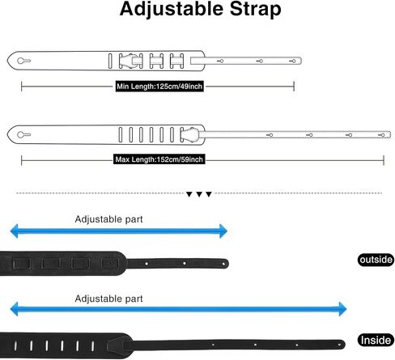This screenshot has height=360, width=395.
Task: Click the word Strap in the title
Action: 256,10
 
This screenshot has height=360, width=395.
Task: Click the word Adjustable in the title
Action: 172,10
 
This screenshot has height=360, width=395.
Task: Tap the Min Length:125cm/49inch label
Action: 159,87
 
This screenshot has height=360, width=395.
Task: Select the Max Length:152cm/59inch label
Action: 159,159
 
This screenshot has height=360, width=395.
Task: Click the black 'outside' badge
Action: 376,260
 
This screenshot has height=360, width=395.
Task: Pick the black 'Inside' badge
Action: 376,341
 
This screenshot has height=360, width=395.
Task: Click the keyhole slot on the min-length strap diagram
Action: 23,61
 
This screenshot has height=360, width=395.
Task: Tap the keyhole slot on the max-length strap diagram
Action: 23,134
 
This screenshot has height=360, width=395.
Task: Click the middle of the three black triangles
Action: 199,194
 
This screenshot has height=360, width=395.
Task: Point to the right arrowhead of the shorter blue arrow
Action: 223,231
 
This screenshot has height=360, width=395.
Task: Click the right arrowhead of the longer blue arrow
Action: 342,309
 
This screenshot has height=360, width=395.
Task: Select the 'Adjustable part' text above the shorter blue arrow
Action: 108,219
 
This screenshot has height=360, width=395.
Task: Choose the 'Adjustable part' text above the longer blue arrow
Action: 108,299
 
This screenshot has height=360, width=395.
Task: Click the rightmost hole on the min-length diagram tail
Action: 293,61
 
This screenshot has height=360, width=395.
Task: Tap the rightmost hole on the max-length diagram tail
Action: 382,135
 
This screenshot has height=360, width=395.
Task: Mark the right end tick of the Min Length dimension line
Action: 294,87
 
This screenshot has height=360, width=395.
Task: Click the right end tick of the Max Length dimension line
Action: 384,160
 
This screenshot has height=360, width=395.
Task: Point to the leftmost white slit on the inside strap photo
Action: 15,345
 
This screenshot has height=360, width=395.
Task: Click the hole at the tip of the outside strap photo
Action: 223,264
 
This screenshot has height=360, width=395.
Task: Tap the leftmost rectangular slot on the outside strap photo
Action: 22,264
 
